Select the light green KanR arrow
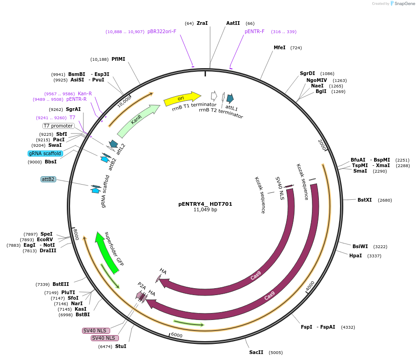(138, 121)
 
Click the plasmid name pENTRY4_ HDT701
(206, 204)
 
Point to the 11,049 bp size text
(206, 210)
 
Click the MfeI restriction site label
(280, 48)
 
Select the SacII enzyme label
(256, 352)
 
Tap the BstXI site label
(364, 200)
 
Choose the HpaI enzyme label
(355, 256)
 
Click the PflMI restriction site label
(118, 59)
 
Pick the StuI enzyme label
(121, 346)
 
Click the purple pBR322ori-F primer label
(162, 32)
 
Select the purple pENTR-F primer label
(254, 32)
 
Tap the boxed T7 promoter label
(59, 126)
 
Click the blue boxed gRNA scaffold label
(45, 153)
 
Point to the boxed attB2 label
(48, 179)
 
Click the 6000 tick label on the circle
(176, 335)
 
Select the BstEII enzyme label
(61, 285)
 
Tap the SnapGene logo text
(405, 4)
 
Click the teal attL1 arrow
(230, 98)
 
